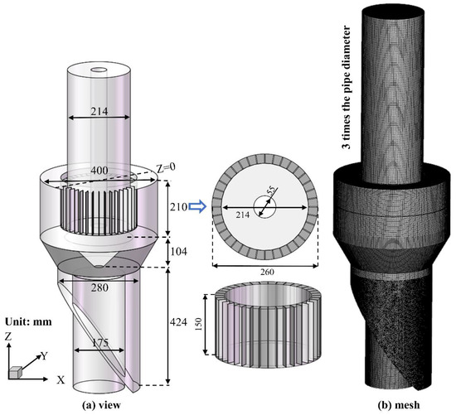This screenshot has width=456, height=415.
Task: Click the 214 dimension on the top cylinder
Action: click(99, 107)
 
